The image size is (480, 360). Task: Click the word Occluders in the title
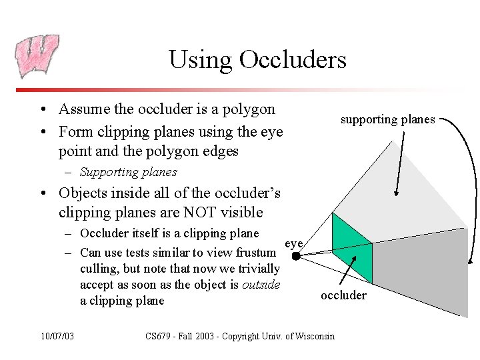pos(294,59)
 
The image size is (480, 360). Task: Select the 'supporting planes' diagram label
pos(387,119)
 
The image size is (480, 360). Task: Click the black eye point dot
pos(296,255)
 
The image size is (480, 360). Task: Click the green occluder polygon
pos(352,247)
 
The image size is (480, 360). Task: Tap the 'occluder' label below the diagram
pos(343,295)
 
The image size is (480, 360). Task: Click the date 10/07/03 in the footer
pos(57,335)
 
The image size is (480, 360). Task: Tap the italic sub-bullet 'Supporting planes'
pos(128,172)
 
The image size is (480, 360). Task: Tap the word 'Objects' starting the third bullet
pos(83,193)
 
